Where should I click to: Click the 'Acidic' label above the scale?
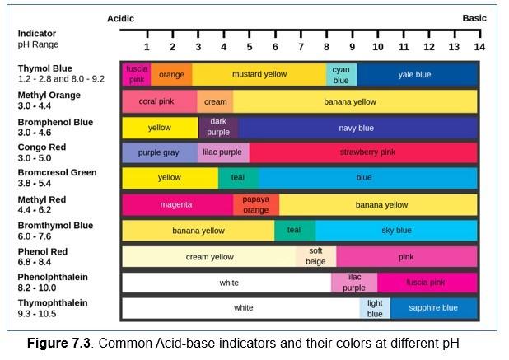point(120,18)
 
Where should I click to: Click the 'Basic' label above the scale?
point(474,18)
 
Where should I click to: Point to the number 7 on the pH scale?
point(301,47)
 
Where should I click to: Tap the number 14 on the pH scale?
point(479,47)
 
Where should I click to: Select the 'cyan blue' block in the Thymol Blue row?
point(341,75)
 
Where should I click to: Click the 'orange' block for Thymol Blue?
point(171,75)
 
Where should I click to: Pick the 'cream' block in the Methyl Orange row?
point(215,102)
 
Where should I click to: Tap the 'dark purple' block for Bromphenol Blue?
point(218,128)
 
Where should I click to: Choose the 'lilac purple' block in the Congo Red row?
point(222,152)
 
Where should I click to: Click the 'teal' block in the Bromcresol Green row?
point(238,178)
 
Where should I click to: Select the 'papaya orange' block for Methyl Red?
point(256,204)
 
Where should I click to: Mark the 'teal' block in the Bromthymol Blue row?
point(294,231)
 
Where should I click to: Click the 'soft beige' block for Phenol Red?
point(315,257)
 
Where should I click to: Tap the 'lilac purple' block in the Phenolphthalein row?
point(354,283)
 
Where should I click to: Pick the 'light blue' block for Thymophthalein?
point(375,308)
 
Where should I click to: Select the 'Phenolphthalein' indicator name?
point(53,278)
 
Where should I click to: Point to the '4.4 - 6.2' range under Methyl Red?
point(36,210)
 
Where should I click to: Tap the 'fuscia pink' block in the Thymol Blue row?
point(137,75)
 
